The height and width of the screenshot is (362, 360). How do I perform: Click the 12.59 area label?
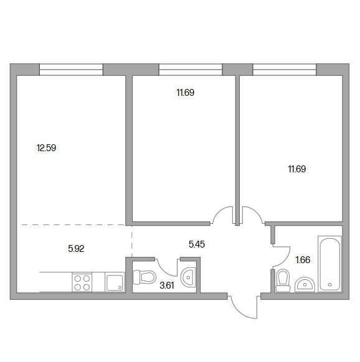click(46, 148)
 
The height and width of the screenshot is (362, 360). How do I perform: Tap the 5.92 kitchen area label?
click(76, 249)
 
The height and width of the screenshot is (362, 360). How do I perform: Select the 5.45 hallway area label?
click(197, 244)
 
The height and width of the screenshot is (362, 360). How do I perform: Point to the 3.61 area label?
click(167, 285)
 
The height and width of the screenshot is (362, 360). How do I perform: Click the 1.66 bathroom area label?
click(303, 260)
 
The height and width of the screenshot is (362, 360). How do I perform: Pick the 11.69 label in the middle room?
click(185, 93)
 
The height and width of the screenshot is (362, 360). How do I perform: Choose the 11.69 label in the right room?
click(297, 169)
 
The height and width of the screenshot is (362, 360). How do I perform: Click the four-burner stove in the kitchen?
click(82, 282)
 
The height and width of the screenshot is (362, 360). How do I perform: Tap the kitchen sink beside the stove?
click(115, 282)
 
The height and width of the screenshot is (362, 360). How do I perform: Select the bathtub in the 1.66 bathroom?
click(329, 264)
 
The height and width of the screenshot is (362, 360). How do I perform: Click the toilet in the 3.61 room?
click(144, 277)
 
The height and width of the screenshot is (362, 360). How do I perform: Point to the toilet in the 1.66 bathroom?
click(283, 281)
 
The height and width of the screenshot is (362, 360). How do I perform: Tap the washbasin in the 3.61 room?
click(189, 277)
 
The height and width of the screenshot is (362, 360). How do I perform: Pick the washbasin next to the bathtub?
click(305, 285)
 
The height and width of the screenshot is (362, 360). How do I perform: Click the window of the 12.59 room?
click(71, 70)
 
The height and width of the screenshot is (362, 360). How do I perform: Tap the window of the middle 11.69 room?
click(191, 70)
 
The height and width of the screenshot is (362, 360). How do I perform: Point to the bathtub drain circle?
click(330, 285)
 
